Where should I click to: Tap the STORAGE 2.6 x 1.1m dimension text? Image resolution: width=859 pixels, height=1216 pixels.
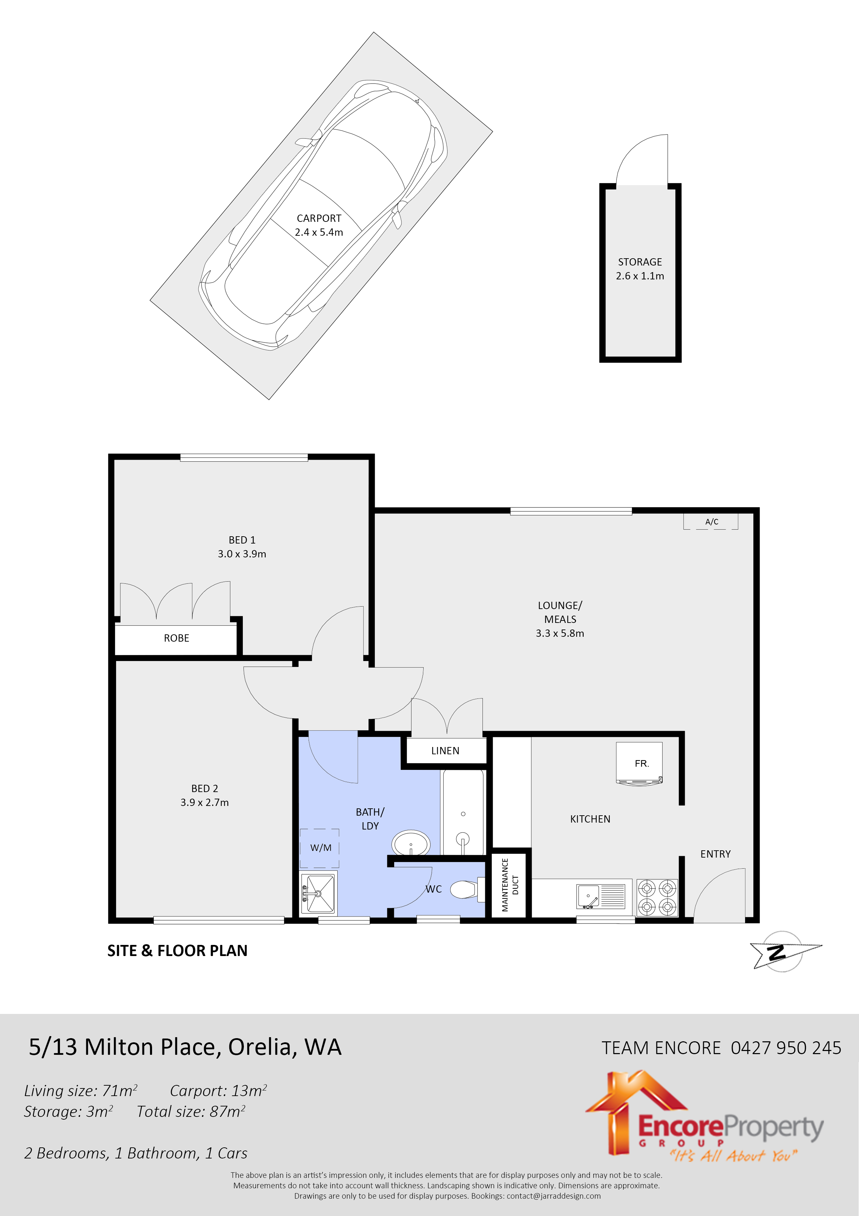tap(639, 276)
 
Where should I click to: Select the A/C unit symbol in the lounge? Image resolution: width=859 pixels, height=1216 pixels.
tap(711, 522)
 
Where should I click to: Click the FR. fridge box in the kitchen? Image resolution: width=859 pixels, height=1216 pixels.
tap(639, 763)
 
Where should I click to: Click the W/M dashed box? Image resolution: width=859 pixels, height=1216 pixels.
tap(320, 848)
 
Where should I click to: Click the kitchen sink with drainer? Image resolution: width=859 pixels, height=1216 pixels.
tap(601, 896)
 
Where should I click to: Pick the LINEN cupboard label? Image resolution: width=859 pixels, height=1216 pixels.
tap(445, 751)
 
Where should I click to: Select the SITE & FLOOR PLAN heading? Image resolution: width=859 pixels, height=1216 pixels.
tap(177, 951)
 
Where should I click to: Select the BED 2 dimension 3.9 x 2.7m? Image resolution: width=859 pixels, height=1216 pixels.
tap(204, 803)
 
